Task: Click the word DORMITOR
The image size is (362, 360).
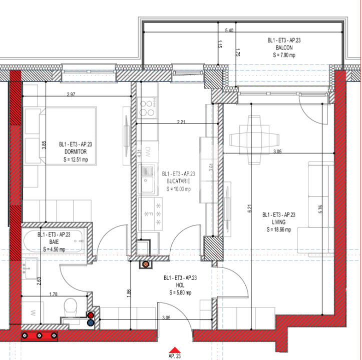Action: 76,151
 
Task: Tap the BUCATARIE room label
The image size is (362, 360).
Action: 179,181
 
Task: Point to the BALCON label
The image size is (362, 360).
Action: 284,47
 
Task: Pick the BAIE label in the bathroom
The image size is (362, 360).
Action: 54,241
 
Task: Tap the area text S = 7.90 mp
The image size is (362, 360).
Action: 284,55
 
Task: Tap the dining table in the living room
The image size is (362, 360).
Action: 254,139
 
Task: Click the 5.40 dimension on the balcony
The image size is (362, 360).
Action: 229,30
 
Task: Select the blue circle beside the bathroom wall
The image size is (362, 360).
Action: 91,322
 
